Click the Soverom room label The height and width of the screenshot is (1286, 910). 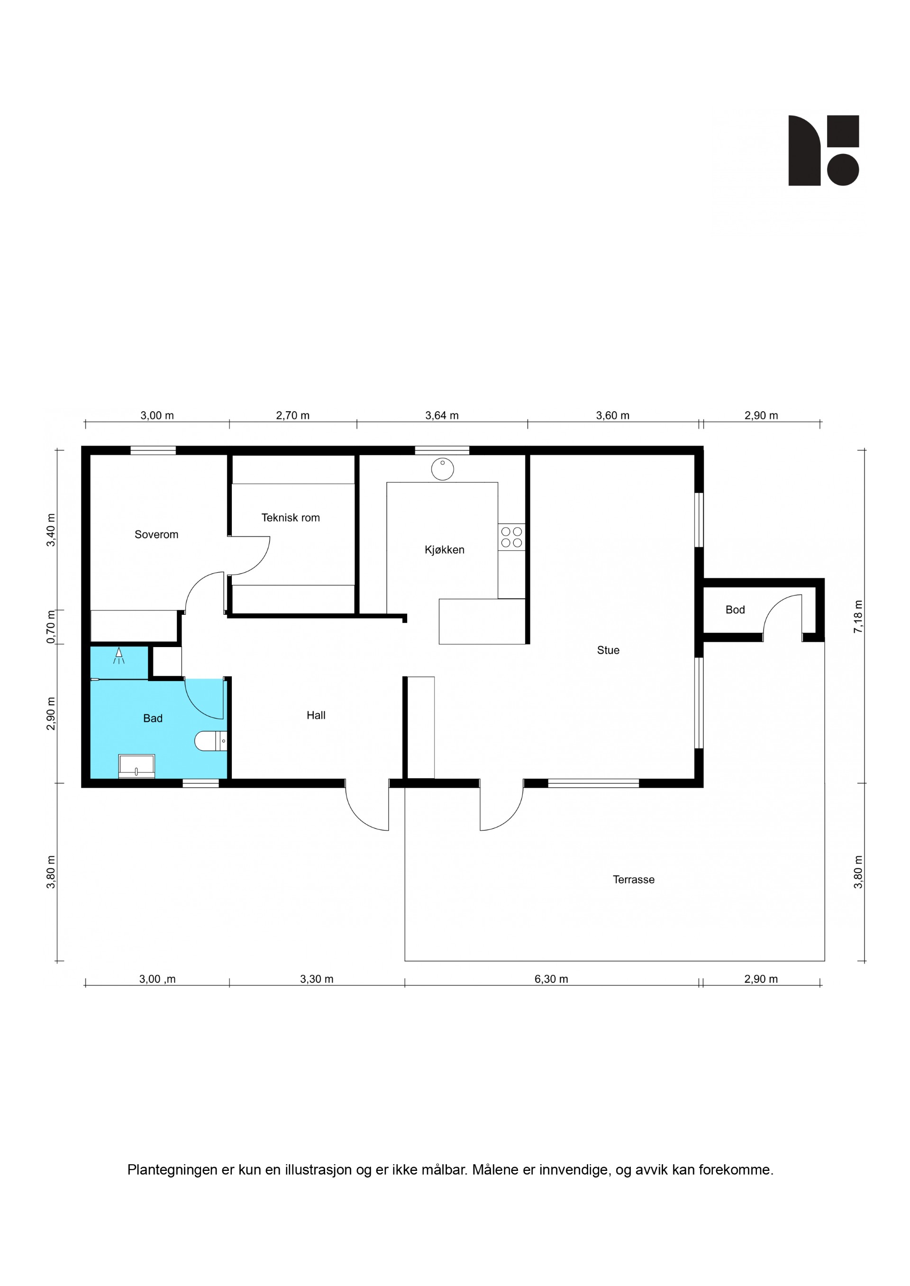point(156,534)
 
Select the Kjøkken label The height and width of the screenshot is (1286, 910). point(445,549)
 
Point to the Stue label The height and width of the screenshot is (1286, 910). point(608,650)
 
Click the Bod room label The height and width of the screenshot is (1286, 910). point(735,610)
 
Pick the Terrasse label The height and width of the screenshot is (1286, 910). point(633,880)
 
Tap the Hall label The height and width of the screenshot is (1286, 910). point(316,715)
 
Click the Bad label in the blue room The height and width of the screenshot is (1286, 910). point(153,718)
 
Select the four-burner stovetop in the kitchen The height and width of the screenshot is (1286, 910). point(511,537)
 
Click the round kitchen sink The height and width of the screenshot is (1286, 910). point(443,469)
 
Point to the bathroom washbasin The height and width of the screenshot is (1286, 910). point(136,765)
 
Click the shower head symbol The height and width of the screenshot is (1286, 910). point(119,656)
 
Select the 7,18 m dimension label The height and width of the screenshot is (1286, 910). point(858,617)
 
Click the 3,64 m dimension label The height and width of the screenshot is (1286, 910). point(442,415)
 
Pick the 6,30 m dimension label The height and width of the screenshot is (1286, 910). point(551,979)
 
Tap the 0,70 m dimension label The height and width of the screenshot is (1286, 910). point(51,627)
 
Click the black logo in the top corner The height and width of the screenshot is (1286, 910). point(824,150)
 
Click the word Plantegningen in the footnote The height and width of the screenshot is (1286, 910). point(173,1170)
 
